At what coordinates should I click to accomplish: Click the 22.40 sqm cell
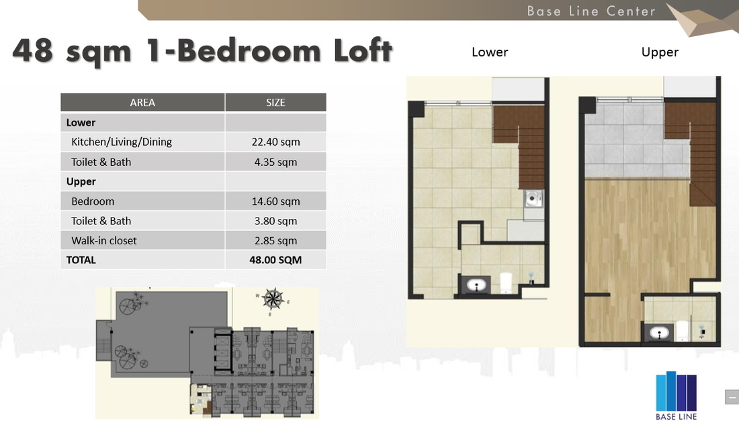(x=275, y=142)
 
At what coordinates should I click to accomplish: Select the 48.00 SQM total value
(x=275, y=260)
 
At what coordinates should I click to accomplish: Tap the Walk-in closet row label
(x=103, y=240)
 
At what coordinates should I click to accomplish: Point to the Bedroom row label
(x=93, y=201)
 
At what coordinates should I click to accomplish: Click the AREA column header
(x=142, y=102)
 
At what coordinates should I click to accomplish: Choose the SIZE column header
(x=275, y=102)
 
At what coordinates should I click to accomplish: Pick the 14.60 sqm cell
(x=275, y=201)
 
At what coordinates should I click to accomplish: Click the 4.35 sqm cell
(x=275, y=162)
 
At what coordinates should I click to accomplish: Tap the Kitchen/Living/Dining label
(x=122, y=142)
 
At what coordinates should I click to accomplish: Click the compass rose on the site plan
(x=272, y=299)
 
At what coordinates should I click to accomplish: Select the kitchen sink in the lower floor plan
(x=533, y=199)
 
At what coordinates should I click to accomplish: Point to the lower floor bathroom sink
(x=476, y=285)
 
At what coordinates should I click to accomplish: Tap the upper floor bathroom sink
(x=659, y=334)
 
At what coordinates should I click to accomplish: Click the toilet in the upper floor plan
(x=681, y=330)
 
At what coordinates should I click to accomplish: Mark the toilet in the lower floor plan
(x=505, y=283)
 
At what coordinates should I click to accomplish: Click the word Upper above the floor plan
(x=660, y=52)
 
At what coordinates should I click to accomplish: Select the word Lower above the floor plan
(x=490, y=52)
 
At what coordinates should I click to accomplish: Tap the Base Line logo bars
(x=676, y=391)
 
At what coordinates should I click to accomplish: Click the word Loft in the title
(x=363, y=50)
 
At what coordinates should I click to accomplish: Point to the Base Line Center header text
(x=591, y=11)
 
